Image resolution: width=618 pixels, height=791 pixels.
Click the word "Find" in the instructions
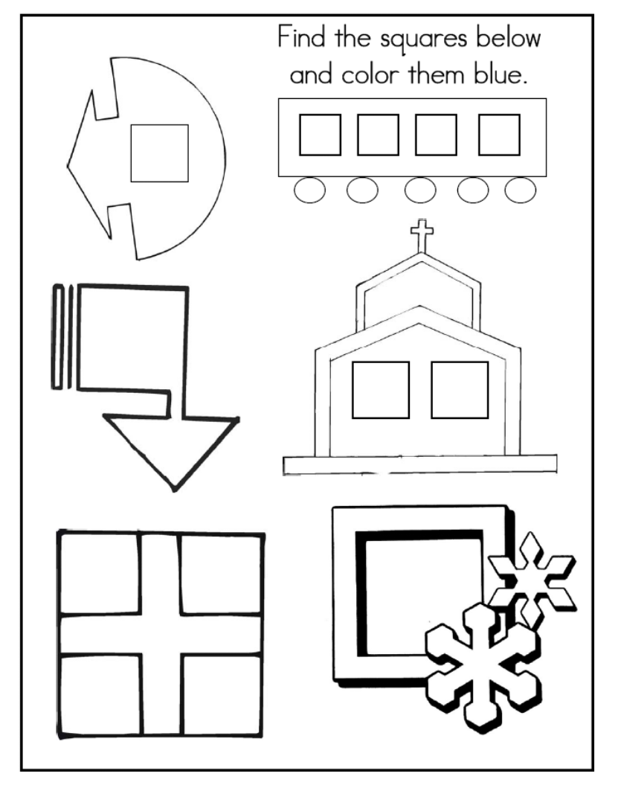[x=301, y=38]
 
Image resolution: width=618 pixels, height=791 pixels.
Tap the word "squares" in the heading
[x=423, y=40]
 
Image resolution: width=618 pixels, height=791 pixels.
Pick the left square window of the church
[x=381, y=390]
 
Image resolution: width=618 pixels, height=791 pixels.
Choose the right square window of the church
[x=460, y=390]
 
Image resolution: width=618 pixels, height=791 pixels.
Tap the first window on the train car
[x=320, y=135]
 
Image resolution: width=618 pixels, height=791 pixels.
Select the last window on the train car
[x=499, y=135]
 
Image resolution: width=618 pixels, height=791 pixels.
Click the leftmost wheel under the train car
[x=309, y=190]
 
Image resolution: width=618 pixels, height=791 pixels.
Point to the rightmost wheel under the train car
[x=521, y=190]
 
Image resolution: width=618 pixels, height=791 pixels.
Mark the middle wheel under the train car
[x=420, y=190]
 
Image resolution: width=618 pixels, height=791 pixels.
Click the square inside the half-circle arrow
[x=159, y=153]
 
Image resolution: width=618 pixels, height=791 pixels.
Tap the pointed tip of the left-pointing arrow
[x=68, y=165]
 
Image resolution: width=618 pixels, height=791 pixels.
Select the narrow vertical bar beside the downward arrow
[x=57, y=336]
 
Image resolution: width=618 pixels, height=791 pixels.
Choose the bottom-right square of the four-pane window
[x=222, y=694]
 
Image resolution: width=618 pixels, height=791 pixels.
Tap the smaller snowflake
[x=532, y=579]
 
